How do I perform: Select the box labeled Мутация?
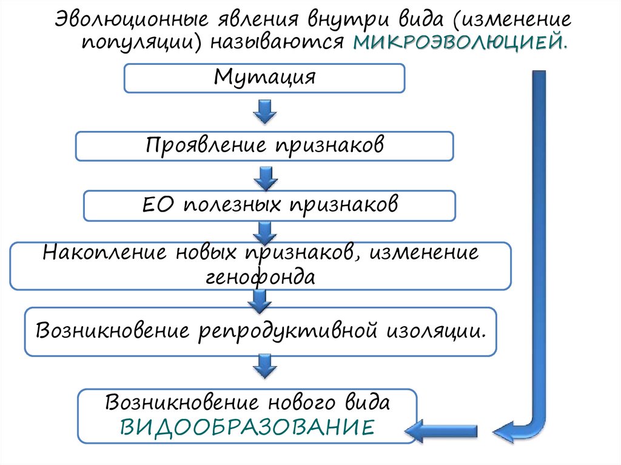[x=264, y=78]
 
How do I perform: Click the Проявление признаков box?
[x=264, y=146]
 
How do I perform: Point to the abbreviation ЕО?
[x=159, y=204]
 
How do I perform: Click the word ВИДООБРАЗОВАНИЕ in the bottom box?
[x=247, y=426]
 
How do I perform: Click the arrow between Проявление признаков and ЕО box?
[x=264, y=176]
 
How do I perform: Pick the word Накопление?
[x=106, y=252]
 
